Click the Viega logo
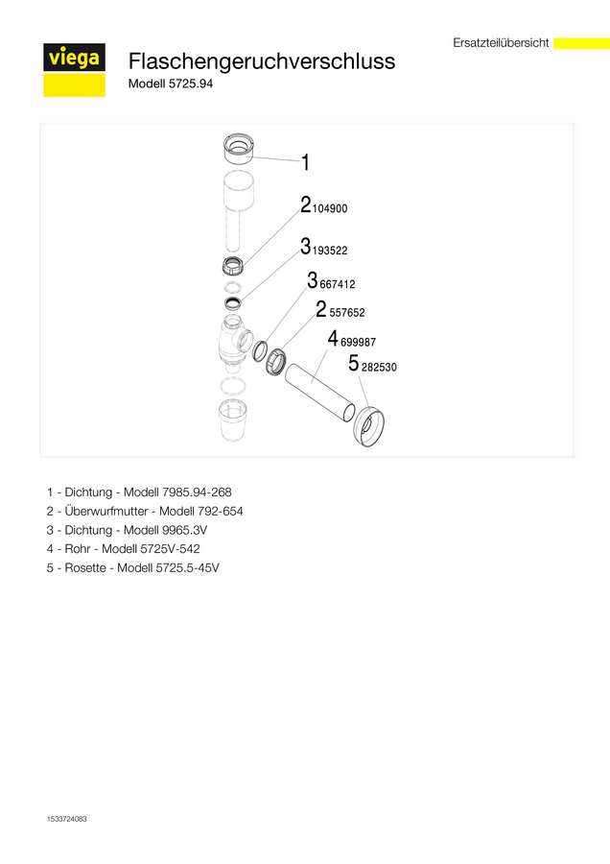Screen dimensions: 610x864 [74, 70]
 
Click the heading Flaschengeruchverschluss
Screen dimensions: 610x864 [262, 61]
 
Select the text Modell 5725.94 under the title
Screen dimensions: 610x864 [171, 84]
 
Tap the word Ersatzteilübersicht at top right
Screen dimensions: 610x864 [501, 43]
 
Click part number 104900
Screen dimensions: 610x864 [330, 209]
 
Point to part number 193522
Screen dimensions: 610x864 [330, 251]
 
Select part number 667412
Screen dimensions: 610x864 [338, 284]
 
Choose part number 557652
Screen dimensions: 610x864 [347, 313]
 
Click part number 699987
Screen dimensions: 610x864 [358, 342]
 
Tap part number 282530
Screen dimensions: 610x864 [379, 368]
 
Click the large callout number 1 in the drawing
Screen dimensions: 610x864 [306, 162]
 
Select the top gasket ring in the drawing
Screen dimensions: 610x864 [239, 149]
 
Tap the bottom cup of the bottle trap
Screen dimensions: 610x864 [232, 420]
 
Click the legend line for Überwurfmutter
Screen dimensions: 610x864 [145, 512]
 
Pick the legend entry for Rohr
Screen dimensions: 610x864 [124, 549]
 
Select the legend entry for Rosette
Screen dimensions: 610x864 [132, 567]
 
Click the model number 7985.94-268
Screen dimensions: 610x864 [197, 492]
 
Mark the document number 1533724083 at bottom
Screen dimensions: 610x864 [66, 819]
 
